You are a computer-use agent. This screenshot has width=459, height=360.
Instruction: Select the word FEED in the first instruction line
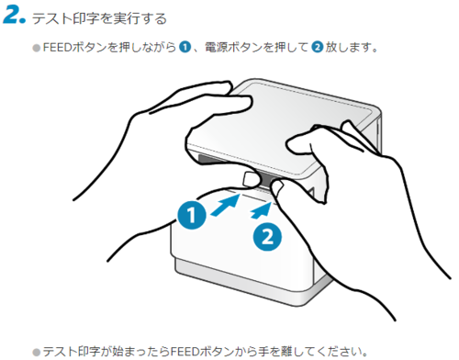coord(57,48)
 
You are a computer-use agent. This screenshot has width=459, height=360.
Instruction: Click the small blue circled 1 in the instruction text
coord(185,48)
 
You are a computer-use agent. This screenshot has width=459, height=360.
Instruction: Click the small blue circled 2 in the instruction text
coord(318,48)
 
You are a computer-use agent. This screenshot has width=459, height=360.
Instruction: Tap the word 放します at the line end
coord(348,48)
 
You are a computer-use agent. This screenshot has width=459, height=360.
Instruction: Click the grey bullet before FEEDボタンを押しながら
coord(37,48)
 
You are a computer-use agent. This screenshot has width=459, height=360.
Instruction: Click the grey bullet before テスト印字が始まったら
coord(37,352)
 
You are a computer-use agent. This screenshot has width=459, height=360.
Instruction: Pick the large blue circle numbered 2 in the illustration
coord(267,237)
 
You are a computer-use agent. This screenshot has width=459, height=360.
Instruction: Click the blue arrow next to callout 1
coord(226,205)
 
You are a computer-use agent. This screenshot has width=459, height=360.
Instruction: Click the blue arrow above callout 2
coord(261,211)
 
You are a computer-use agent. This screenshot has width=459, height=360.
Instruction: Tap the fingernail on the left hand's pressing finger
coord(251,179)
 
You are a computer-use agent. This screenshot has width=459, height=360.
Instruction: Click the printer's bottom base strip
coord(245,283)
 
